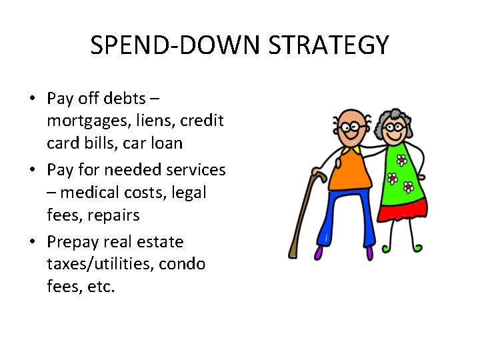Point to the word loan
click(165, 143)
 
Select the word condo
click(180, 264)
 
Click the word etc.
click(101, 287)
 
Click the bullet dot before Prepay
click(32, 241)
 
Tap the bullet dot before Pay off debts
click(32, 99)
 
